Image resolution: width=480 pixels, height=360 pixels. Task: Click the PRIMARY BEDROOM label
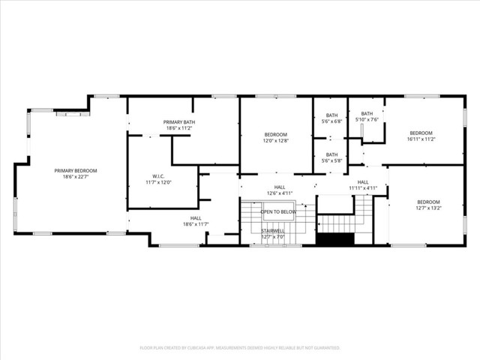click(76, 170)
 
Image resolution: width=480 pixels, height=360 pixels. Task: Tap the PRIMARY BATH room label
click(179, 122)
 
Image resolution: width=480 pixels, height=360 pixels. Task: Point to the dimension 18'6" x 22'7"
click(76, 176)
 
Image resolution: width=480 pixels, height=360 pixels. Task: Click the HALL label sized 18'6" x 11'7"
click(196, 218)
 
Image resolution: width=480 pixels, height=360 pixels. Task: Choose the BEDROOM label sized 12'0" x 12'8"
click(275, 135)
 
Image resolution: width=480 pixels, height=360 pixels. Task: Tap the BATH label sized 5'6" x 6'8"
click(331, 115)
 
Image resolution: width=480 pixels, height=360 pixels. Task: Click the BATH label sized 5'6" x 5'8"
click(331, 154)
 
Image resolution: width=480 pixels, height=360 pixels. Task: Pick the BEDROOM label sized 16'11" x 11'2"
click(421, 133)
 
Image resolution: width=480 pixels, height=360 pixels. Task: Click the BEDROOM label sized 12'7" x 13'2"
click(428, 202)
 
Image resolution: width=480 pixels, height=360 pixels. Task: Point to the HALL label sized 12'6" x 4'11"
click(279, 188)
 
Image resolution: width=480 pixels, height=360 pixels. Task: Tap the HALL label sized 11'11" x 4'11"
click(363, 182)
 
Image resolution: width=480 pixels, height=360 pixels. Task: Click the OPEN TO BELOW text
click(278, 212)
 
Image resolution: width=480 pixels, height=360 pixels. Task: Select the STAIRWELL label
click(272, 231)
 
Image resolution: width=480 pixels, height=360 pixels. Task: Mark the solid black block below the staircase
click(334, 239)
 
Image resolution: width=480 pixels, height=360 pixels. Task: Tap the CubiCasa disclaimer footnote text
click(240, 348)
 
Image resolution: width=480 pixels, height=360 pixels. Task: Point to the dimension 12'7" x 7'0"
click(272, 237)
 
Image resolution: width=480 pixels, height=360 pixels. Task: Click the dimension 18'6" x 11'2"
click(179, 128)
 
